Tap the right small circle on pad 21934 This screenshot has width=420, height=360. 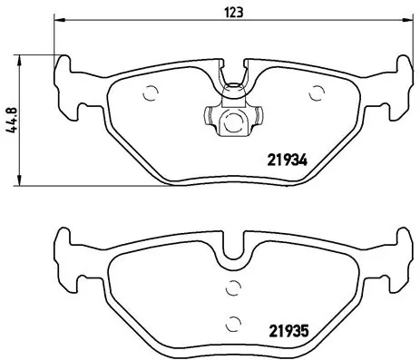[317, 92]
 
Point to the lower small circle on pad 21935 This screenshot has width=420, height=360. [233, 320]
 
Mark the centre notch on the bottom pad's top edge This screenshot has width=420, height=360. [233, 249]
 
